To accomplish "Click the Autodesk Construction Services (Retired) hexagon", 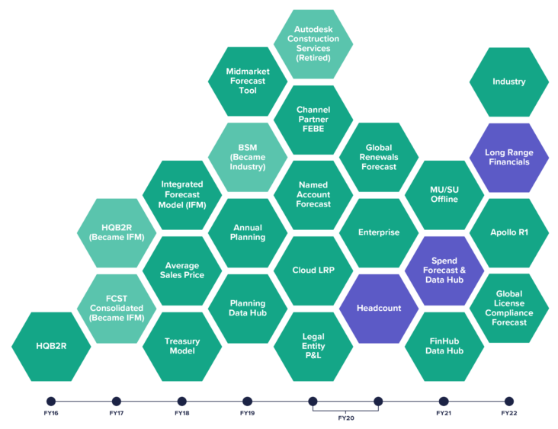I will click(x=313, y=43).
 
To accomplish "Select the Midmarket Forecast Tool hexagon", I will click(x=248, y=82).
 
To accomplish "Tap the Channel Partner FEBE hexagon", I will click(x=313, y=119).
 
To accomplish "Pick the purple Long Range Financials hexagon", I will click(x=509, y=157).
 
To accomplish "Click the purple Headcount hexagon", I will click(x=379, y=308).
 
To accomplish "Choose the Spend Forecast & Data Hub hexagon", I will click(x=444, y=271).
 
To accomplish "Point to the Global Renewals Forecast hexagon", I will click(x=379, y=157).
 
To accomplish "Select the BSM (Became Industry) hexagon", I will click(x=248, y=157).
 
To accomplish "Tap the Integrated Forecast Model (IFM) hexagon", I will click(x=183, y=194).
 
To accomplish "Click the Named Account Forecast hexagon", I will click(x=313, y=194).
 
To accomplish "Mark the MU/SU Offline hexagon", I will click(x=444, y=194).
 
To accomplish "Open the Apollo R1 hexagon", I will click(x=509, y=232).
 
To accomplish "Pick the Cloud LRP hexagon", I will click(x=313, y=271).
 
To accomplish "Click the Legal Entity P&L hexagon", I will click(x=313, y=345).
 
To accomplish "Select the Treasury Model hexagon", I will click(x=183, y=345).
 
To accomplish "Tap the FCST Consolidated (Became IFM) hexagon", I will click(x=117, y=308).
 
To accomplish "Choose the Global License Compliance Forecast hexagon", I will click(x=509, y=308).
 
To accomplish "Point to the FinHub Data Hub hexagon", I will click(x=444, y=345).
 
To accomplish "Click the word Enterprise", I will click(x=379, y=232).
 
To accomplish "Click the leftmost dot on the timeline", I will click(x=51, y=402).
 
